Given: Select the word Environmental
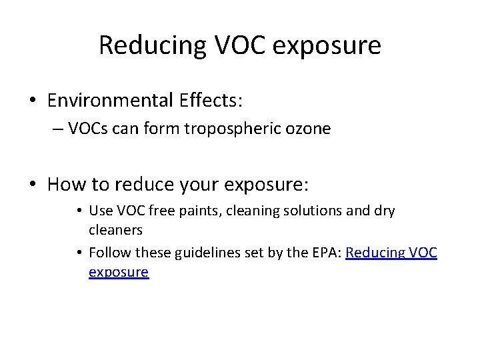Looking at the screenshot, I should tap(110, 101).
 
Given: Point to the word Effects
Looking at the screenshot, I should tap(211, 101).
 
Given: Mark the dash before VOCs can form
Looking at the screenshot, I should tap(57, 129).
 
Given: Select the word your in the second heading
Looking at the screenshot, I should tap(200, 183).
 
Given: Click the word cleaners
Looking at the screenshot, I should tap(115, 229).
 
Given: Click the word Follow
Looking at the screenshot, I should tap(109, 253).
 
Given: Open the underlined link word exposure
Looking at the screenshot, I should tap(119, 272).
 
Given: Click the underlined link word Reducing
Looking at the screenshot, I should tap(376, 253).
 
